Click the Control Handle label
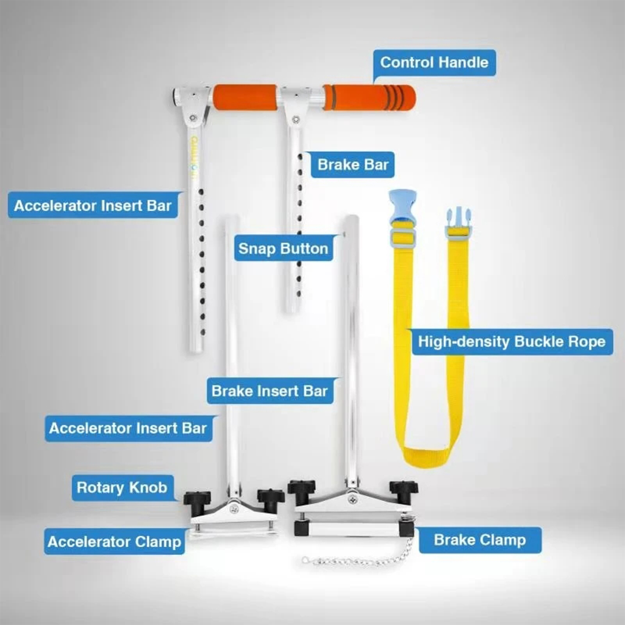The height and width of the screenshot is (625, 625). pyautogui.click(x=434, y=62)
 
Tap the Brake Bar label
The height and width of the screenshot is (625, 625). pyautogui.click(x=353, y=164)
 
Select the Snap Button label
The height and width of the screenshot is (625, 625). pyautogui.click(x=283, y=248)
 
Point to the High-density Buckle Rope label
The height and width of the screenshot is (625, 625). pyautogui.click(x=512, y=342)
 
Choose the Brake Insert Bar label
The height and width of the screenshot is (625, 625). pyautogui.click(x=270, y=391)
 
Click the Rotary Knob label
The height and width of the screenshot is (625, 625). pyautogui.click(x=122, y=487)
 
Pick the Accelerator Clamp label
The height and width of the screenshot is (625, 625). pyautogui.click(x=114, y=542)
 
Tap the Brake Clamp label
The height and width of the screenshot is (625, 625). pyautogui.click(x=480, y=540)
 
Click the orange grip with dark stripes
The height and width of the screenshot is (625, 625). pyautogui.click(x=369, y=97)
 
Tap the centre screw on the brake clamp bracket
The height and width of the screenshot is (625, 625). pyautogui.click(x=353, y=499)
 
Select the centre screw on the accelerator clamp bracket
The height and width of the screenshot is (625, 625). pyautogui.click(x=234, y=508)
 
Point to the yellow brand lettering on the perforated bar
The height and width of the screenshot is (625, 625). pyautogui.click(x=194, y=157)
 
